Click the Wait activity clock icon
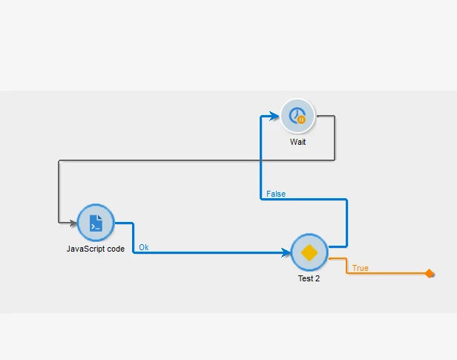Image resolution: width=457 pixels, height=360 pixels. (x=297, y=115)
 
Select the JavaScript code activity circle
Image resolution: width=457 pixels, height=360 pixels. (x=96, y=223)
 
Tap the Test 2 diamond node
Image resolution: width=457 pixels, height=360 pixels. (x=309, y=253)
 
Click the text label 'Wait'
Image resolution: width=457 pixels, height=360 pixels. (x=298, y=142)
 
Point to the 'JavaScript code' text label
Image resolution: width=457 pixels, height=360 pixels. (x=96, y=249)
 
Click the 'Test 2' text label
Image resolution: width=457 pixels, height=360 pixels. (x=309, y=279)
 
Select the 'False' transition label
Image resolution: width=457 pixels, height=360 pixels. (x=276, y=194)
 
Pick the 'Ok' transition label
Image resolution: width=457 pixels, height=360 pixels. (x=144, y=247)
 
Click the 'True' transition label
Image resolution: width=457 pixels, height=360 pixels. (x=360, y=268)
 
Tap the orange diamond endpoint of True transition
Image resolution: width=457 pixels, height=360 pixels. (x=430, y=274)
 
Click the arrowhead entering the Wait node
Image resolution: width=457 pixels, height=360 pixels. (x=275, y=116)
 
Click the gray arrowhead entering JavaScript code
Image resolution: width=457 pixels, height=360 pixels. (x=73, y=222)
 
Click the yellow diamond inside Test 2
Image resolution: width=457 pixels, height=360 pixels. (x=309, y=253)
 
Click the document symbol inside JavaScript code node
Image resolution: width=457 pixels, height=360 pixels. (x=96, y=223)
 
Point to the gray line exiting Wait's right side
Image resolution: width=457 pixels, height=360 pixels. (x=335, y=137)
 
